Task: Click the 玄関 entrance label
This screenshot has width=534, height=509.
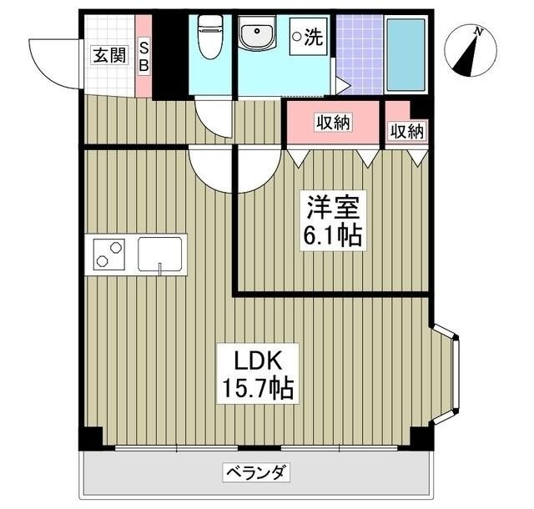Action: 109,56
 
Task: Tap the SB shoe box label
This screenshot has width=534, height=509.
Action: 144,56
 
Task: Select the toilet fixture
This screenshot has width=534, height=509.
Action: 210,38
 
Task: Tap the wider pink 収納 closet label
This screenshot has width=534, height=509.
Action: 333,123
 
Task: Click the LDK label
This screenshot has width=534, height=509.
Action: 255,362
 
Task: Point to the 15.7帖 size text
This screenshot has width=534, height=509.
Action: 256,388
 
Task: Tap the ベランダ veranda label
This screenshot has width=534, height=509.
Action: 256,473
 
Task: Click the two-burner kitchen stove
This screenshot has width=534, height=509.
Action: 109,252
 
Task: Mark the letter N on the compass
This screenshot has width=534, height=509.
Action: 479,32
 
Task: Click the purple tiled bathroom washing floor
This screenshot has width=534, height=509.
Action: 360,53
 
